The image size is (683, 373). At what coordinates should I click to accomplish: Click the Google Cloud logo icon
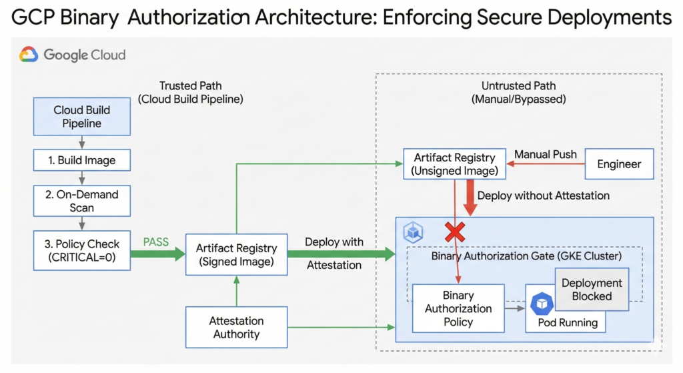[x=29, y=55]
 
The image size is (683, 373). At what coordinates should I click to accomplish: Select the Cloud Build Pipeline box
[x=82, y=116]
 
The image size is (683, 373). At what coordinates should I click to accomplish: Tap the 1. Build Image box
[x=82, y=160]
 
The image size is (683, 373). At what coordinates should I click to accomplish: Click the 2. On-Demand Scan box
[x=82, y=201]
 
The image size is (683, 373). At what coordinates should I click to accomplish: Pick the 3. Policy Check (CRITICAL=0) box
[x=82, y=250]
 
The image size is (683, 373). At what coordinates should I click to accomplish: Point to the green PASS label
[x=156, y=242]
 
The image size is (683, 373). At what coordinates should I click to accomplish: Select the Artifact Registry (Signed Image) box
[x=235, y=255]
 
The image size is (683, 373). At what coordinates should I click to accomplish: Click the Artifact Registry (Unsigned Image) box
[x=454, y=164]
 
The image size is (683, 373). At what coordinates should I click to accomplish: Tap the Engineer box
[x=619, y=164]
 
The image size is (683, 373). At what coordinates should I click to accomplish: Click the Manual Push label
[x=546, y=155]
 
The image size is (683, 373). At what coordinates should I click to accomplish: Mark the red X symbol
[x=455, y=232]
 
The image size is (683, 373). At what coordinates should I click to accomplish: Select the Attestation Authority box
[x=235, y=327]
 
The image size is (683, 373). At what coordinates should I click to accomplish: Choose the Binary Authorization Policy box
[x=458, y=308]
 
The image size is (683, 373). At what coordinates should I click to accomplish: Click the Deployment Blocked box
[x=591, y=289]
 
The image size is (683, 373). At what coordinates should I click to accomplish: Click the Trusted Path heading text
[x=191, y=86]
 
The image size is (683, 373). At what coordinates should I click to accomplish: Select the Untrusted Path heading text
[x=518, y=86]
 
